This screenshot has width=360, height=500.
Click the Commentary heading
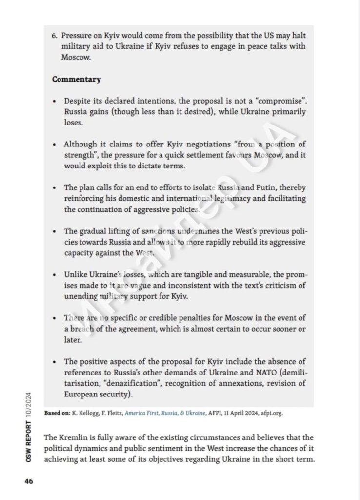pyautogui.click(x=77, y=79)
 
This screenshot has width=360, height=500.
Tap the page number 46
pyautogui.click(x=29, y=481)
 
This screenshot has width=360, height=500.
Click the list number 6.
pyautogui.click(x=55, y=36)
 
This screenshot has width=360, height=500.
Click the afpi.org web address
pyautogui.click(x=270, y=413)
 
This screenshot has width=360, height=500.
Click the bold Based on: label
pyautogui.click(x=57, y=413)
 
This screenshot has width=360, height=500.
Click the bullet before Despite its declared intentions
pyautogui.click(x=55, y=101)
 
